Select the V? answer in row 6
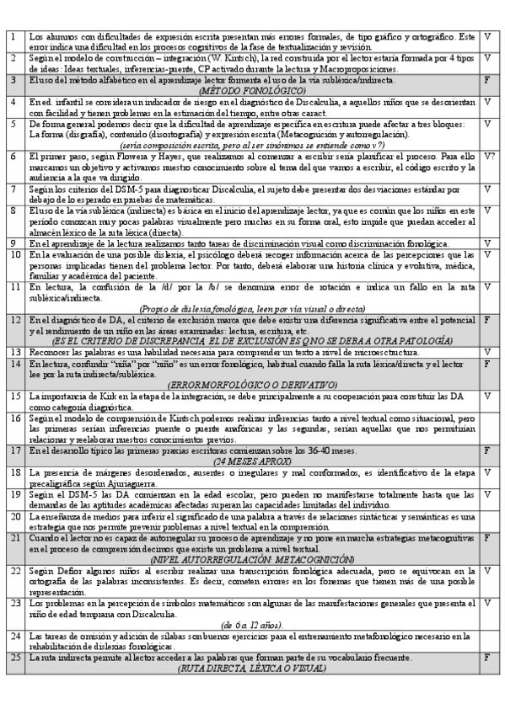click(488, 157)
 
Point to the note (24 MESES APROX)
click(252, 461)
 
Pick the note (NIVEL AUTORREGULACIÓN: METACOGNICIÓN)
click(252, 559)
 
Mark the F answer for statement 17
click(488, 450)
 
